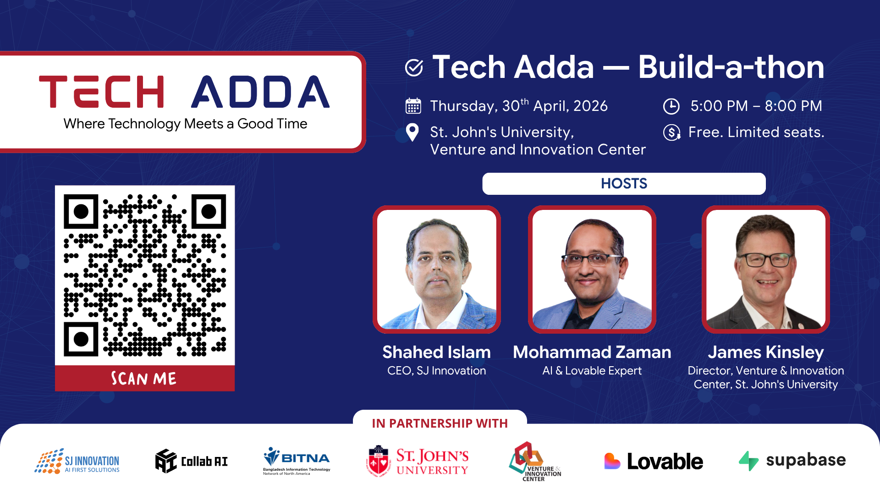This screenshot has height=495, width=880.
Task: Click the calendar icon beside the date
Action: pyautogui.click(x=413, y=106)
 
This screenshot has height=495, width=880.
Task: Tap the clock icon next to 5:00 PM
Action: pyautogui.click(x=671, y=106)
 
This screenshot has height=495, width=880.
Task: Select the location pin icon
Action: pyautogui.click(x=412, y=133)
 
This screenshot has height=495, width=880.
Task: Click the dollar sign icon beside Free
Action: pyautogui.click(x=671, y=133)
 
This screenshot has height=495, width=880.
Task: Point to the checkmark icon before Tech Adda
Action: pyautogui.click(x=414, y=68)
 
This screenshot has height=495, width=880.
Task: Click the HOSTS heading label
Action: pyautogui.click(x=624, y=184)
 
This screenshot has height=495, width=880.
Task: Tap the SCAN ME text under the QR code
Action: pyautogui.click(x=144, y=379)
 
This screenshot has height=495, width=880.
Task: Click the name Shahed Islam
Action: pyautogui.click(x=436, y=352)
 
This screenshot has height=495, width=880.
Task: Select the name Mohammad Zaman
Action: pyautogui.click(x=592, y=352)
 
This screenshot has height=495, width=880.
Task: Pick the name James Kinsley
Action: pyautogui.click(x=765, y=352)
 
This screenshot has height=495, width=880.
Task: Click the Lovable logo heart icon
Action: pyautogui.click(x=612, y=461)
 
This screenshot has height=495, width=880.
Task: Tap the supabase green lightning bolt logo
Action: pyautogui.click(x=748, y=461)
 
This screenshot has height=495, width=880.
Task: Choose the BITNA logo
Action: pyautogui.click(x=297, y=461)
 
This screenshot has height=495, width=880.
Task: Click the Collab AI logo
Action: pyautogui.click(x=191, y=461)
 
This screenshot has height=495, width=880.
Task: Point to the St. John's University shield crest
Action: pyautogui.click(x=378, y=461)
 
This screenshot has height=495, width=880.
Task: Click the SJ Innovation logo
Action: pyautogui.click(x=77, y=461)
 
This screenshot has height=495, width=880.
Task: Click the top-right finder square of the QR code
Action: pyautogui.click(x=209, y=212)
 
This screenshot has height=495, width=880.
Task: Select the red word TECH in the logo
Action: pyautogui.click(x=102, y=92)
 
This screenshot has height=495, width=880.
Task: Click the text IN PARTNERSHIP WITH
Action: pyautogui.click(x=440, y=423)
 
